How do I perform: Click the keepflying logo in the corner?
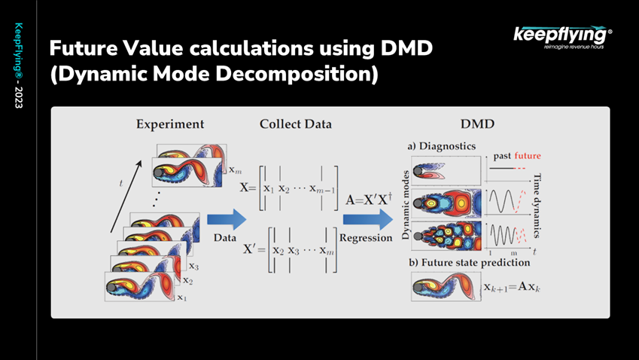coord(562,38)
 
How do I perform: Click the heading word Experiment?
coord(170,124)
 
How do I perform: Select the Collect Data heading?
coord(296,124)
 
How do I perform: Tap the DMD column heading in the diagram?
coord(477,124)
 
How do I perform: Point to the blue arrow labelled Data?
coord(227,219)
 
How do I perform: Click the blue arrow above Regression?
coord(368,219)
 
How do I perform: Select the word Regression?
coord(366,238)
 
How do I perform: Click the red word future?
coord(528,156)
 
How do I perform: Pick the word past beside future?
coord(502,156)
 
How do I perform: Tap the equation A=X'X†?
coord(369,199)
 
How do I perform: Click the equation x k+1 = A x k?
coord(512,287)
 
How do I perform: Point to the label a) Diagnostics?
coord(441,146)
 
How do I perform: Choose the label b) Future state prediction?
coord(470,262)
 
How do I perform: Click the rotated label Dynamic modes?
coord(406,205)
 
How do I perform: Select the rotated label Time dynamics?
coord(537,206)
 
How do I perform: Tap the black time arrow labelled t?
coord(126,197)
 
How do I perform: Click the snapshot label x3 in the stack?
coord(193,266)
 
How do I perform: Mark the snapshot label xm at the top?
coord(235,169)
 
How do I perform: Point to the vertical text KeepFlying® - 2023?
coord(19,66)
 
